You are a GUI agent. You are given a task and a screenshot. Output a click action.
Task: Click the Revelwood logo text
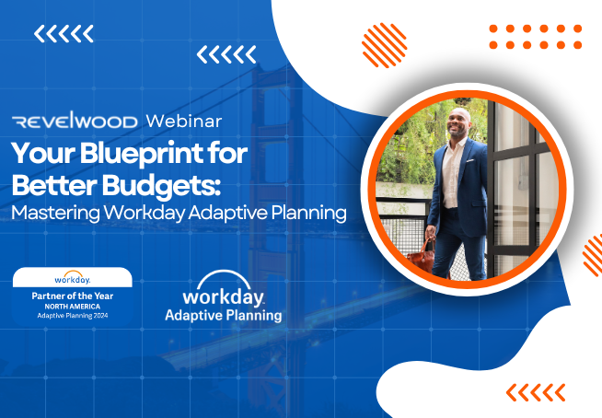[75, 121]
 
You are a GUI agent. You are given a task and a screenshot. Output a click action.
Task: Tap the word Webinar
[184, 121]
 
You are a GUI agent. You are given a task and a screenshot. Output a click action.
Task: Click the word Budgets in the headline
[161, 186]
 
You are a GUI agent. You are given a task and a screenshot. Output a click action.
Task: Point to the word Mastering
[55, 214]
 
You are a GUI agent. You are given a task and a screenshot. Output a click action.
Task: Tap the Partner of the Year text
[73, 296]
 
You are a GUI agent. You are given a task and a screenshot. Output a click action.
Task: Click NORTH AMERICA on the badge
[73, 307]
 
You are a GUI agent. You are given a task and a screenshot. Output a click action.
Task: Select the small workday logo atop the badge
[73, 277]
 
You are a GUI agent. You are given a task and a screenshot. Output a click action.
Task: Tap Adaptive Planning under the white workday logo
[224, 316]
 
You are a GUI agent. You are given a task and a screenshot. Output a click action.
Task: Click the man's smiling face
[458, 123]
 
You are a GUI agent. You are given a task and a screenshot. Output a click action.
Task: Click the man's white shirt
[452, 173]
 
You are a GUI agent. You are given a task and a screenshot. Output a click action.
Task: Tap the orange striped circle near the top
[385, 45]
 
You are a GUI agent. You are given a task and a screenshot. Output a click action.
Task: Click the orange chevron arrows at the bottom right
[536, 392]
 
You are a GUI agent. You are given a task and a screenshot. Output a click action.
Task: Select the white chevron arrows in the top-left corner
[64, 33]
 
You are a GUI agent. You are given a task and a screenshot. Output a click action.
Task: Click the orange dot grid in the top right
[536, 37]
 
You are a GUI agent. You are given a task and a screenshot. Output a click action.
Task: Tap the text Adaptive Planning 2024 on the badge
[73, 316]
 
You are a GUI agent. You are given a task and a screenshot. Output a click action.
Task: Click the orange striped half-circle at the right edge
[593, 255]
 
